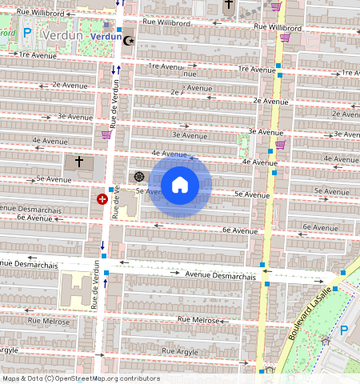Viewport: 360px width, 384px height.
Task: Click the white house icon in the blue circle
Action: pos(180,185)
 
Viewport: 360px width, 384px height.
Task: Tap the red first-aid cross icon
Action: pos(102,198)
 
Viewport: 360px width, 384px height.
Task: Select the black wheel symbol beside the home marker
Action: pos(138,176)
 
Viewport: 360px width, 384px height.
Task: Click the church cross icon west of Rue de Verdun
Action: pos(79,162)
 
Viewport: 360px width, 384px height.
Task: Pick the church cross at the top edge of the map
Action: pos(229,5)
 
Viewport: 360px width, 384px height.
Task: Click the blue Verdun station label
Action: pos(106,36)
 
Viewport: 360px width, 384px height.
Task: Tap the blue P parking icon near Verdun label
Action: pos(26,34)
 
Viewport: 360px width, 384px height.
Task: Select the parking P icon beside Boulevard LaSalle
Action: pos(345,329)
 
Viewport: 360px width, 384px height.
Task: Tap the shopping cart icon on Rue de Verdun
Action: pos(106,134)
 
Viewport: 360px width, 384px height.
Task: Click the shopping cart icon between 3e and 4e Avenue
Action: pos(281,145)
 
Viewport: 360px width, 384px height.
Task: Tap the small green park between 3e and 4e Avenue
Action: pos(243,145)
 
